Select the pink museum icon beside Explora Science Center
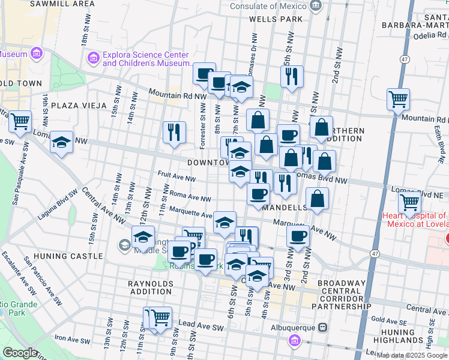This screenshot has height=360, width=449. (93, 58)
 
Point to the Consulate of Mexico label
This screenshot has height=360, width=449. (271, 7)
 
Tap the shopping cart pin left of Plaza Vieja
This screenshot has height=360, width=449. (20, 121)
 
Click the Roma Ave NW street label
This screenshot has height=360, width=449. (190, 197)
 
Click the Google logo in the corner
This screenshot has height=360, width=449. (20, 353)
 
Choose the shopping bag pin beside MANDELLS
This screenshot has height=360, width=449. (317, 200)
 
